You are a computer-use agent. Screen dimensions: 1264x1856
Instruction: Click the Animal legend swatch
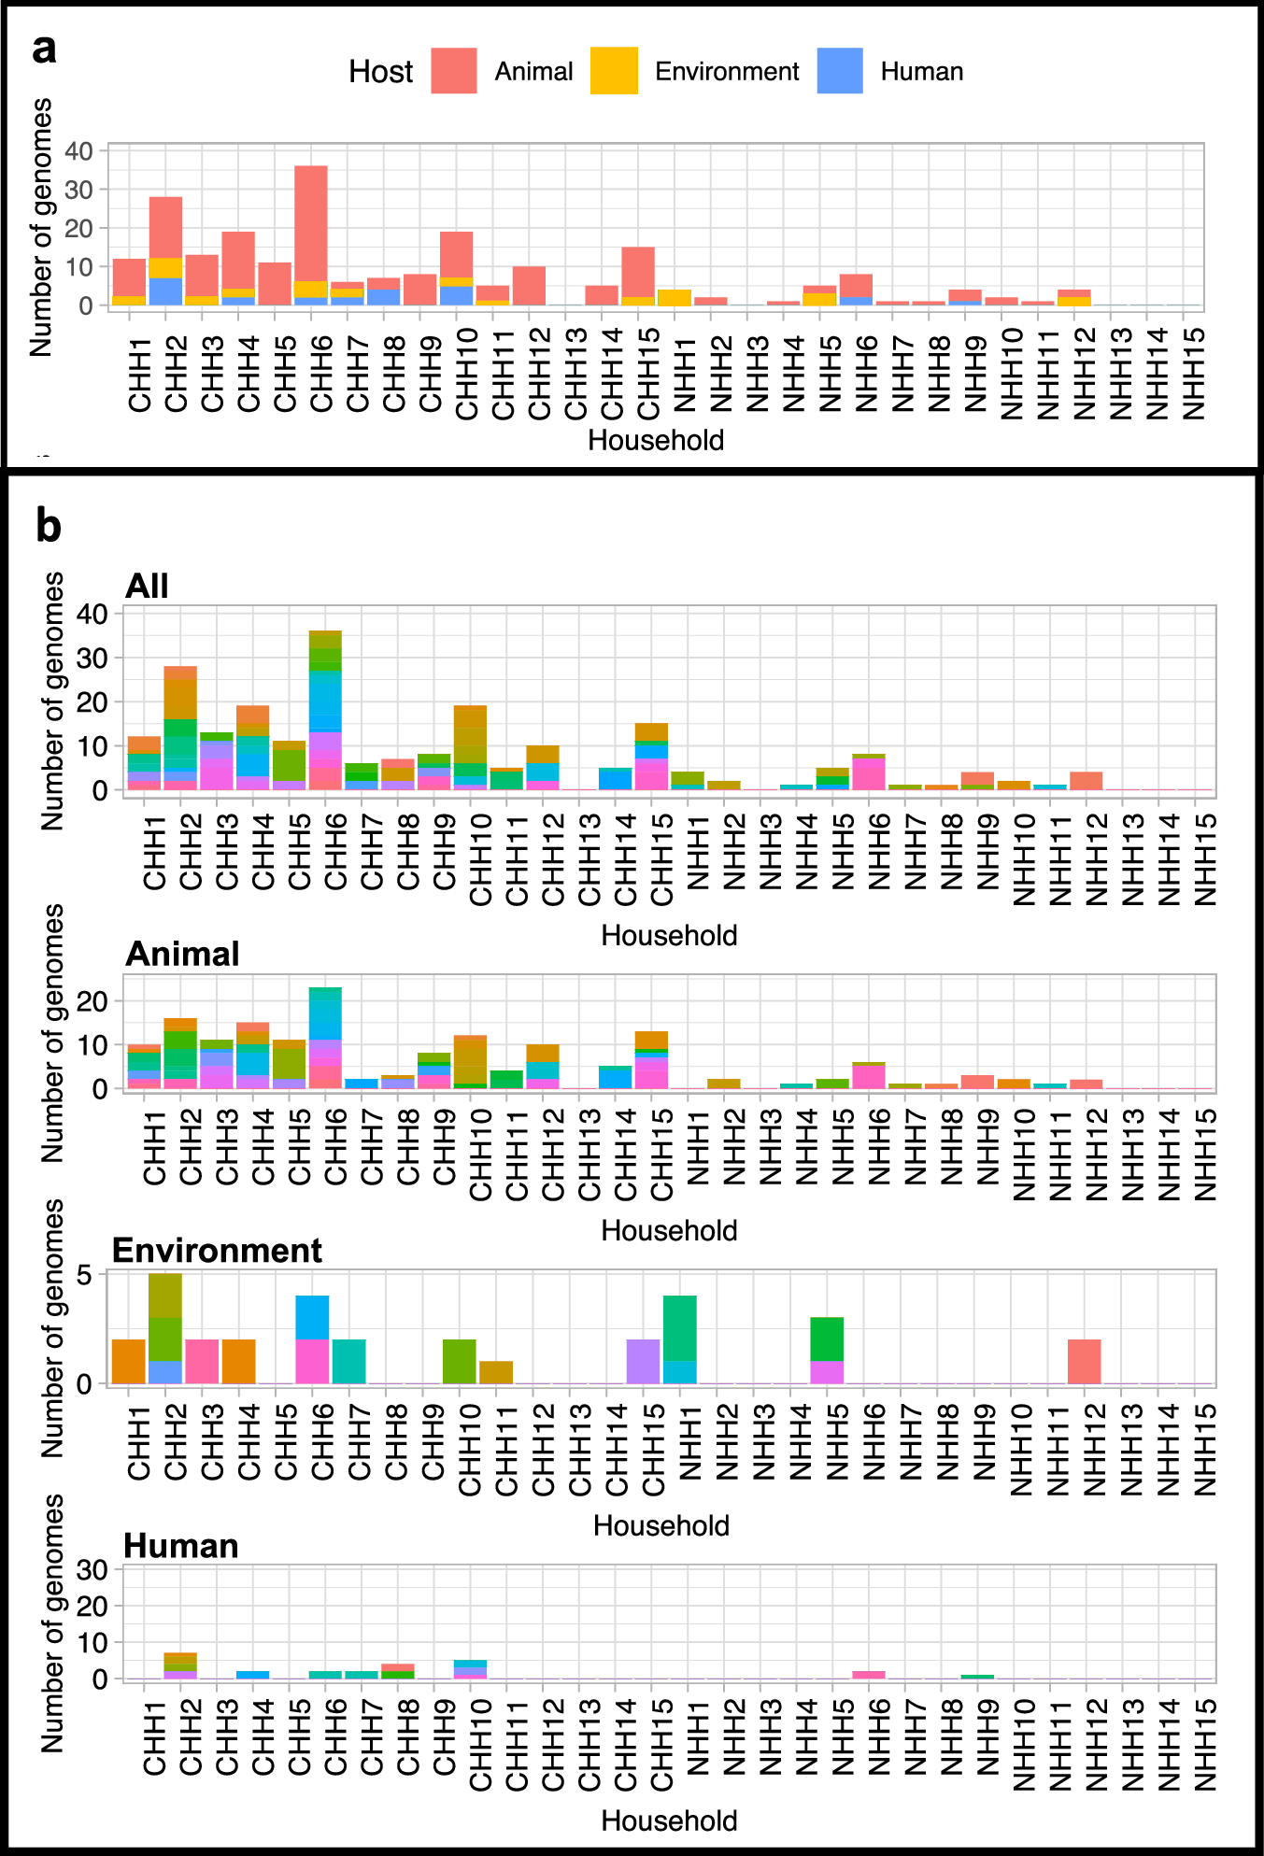click(454, 71)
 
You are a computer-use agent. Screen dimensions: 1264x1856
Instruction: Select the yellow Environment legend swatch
click(614, 71)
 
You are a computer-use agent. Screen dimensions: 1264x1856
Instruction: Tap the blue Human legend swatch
click(840, 71)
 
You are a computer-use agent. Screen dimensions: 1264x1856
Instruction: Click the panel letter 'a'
click(44, 50)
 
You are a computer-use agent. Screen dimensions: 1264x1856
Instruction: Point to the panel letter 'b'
click(49, 526)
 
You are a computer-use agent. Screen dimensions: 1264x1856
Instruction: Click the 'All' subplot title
click(147, 586)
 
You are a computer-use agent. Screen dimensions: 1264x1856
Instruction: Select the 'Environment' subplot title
click(217, 1250)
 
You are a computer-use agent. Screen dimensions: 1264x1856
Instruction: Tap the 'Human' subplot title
click(181, 1546)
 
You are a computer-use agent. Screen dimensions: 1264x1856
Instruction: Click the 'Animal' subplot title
click(182, 954)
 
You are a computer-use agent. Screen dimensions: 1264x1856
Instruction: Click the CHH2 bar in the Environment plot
click(165, 1328)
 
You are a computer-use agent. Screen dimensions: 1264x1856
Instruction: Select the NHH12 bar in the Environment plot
click(1085, 1361)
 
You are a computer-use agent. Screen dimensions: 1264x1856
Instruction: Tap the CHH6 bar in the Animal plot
click(325, 1038)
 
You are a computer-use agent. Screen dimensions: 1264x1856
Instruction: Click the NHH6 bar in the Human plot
click(869, 1675)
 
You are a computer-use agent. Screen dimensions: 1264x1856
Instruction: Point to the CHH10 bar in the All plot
click(470, 747)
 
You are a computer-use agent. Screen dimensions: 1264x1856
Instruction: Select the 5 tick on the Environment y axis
click(85, 1274)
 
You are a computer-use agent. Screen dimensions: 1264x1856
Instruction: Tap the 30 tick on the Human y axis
click(93, 1570)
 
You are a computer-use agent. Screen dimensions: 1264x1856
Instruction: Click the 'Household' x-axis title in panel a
click(656, 440)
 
